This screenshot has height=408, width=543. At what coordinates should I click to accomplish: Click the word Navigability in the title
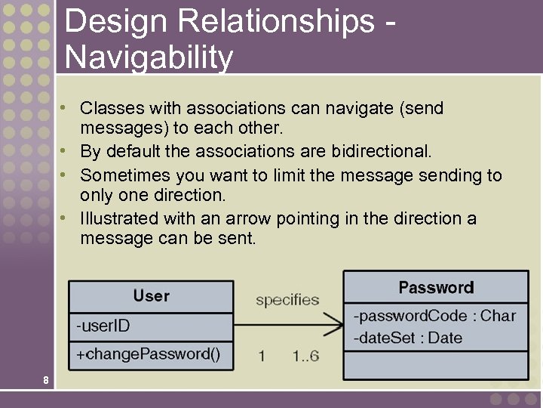tap(149, 57)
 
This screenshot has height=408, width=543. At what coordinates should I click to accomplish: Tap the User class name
tap(151, 295)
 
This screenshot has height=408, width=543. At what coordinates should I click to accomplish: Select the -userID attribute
tap(103, 327)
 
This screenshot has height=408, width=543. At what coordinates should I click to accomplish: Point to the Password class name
tap(436, 287)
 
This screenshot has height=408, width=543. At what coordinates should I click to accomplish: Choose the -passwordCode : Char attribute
tap(434, 316)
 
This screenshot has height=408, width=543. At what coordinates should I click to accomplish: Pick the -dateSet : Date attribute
tap(407, 338)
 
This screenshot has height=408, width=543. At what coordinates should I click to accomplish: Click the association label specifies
tap(287, 300)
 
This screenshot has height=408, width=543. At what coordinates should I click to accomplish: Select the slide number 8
tap(46, 380)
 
